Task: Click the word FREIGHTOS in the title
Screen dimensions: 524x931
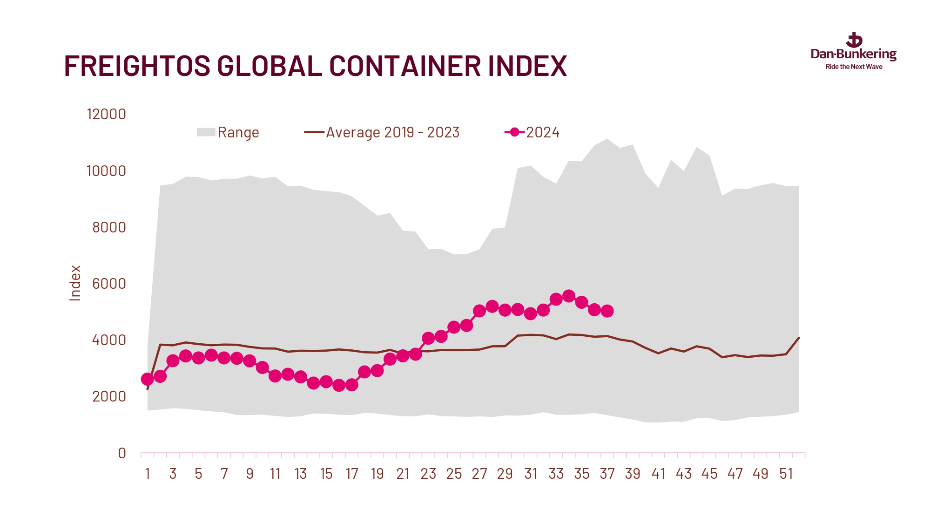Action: pos(137,66)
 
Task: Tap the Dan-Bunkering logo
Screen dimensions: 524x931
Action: pos(853,49)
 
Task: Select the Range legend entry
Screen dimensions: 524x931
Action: pos(228,132)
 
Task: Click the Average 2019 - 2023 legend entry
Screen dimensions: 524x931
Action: pos(382,132)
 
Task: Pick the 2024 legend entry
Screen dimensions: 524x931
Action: pos(533,132)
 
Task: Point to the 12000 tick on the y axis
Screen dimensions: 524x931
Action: pos(106,114)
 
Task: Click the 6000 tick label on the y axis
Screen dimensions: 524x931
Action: pos(109,284)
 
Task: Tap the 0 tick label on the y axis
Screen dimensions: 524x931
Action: pos(122,453)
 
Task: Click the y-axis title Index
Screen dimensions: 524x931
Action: pos(75,283)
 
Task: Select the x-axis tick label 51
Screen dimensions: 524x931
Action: pos(786,474)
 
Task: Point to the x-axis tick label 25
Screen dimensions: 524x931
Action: pos(454,474)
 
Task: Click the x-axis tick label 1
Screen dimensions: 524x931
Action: pos(148,474)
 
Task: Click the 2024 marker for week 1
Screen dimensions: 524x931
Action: pos(147,379)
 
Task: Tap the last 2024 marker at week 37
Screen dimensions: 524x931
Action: pos(607,311)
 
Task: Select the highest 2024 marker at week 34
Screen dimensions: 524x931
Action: pos(568,296)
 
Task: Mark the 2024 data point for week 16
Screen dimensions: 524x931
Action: pos(339,385)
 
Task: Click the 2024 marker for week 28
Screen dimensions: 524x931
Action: pos(492,306)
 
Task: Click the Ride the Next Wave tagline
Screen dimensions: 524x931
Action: pos(854,67)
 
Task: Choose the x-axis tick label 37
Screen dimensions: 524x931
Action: pos(607,474)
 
